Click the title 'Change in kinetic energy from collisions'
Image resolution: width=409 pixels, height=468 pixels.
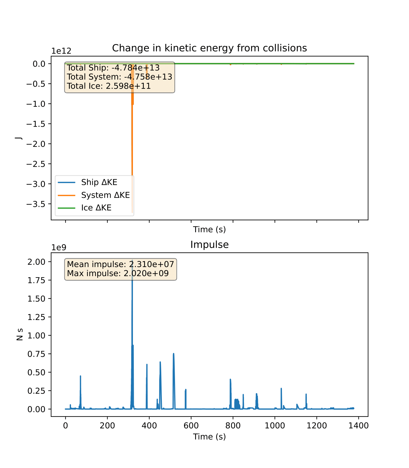click(x=209, y=48)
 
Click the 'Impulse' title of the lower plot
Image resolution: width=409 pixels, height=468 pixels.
click(x=209, y=245)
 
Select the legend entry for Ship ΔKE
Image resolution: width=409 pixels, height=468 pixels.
click(x=99, y=182)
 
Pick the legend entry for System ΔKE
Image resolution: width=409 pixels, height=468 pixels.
click(x=105, y=195)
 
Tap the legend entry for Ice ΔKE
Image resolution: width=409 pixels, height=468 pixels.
click(x=96, y=208)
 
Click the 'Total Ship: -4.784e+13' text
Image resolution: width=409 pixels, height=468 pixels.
click(x=113, y=68)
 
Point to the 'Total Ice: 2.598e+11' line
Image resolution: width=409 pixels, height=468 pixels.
click(x=109, y=86)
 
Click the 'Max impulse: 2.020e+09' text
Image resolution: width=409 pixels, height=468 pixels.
click(x=118, y=273)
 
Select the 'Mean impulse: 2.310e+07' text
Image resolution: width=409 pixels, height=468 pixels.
click(x=120, y=264)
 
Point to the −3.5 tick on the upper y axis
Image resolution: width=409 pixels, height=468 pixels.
click(x=37, y=204)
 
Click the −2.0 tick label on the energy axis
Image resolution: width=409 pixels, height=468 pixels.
click(x=37, y=144)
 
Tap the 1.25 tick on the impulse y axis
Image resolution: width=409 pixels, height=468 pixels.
click(x=37, y=317)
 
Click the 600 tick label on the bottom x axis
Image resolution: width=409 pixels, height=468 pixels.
click(x=191, y=426)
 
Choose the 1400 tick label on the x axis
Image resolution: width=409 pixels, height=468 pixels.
click(x=358, y=426)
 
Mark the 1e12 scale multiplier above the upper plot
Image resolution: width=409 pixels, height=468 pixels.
click(x=61, y=51)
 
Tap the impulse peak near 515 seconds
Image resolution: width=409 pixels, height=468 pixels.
click(x=174, y=354)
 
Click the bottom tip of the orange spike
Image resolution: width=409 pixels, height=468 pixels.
click(x=132, y=213)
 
